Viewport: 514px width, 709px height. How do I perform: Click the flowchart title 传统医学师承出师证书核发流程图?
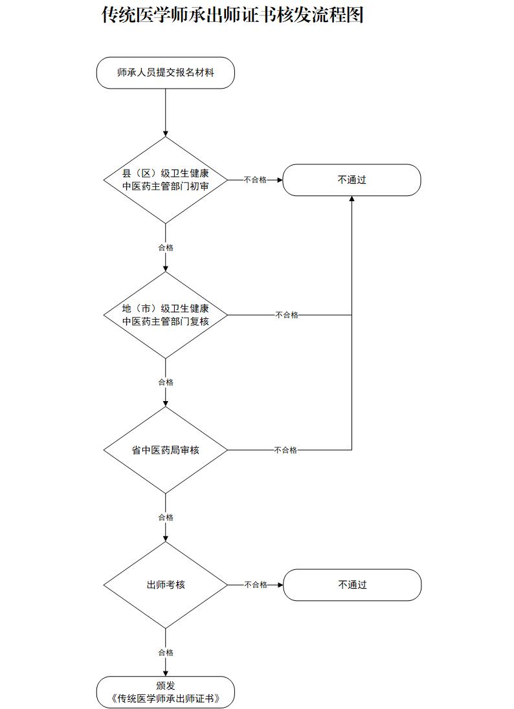pos(232,15)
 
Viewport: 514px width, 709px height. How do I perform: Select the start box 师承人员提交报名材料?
pos(165,73)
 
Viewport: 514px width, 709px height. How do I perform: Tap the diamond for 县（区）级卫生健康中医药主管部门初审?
pos(166,180)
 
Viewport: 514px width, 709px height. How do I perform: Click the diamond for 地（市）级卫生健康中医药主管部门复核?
pos(166,315)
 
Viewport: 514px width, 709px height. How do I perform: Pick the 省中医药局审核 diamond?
pos(166,450)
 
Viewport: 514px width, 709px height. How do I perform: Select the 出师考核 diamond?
pos(166,585)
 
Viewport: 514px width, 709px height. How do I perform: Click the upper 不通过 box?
pos(352,180)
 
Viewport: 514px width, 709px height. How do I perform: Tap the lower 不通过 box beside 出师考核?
pos(352,585)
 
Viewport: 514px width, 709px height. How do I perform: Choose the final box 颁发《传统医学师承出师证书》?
pos(165,692)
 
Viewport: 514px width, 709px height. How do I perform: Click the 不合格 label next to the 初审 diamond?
pos(255,180)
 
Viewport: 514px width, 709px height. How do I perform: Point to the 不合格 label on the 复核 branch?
pos(287,315)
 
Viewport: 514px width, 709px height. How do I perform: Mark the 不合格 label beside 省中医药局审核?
pos(285,450)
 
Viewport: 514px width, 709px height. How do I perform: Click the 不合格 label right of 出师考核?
pos(255,585)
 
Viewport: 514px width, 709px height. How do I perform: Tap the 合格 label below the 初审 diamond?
pos(166,248)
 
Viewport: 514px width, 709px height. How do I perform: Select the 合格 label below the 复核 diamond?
pos(166,382)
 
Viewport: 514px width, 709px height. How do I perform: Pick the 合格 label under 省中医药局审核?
pos(166,518)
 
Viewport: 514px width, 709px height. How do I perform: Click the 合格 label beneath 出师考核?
pos(166,653)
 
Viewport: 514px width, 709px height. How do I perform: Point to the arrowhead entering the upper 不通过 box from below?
pos(352,199)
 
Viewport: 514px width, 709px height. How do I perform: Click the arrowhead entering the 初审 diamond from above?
pos(166,133)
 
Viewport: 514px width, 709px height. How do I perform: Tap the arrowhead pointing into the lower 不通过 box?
pos(280,585)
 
